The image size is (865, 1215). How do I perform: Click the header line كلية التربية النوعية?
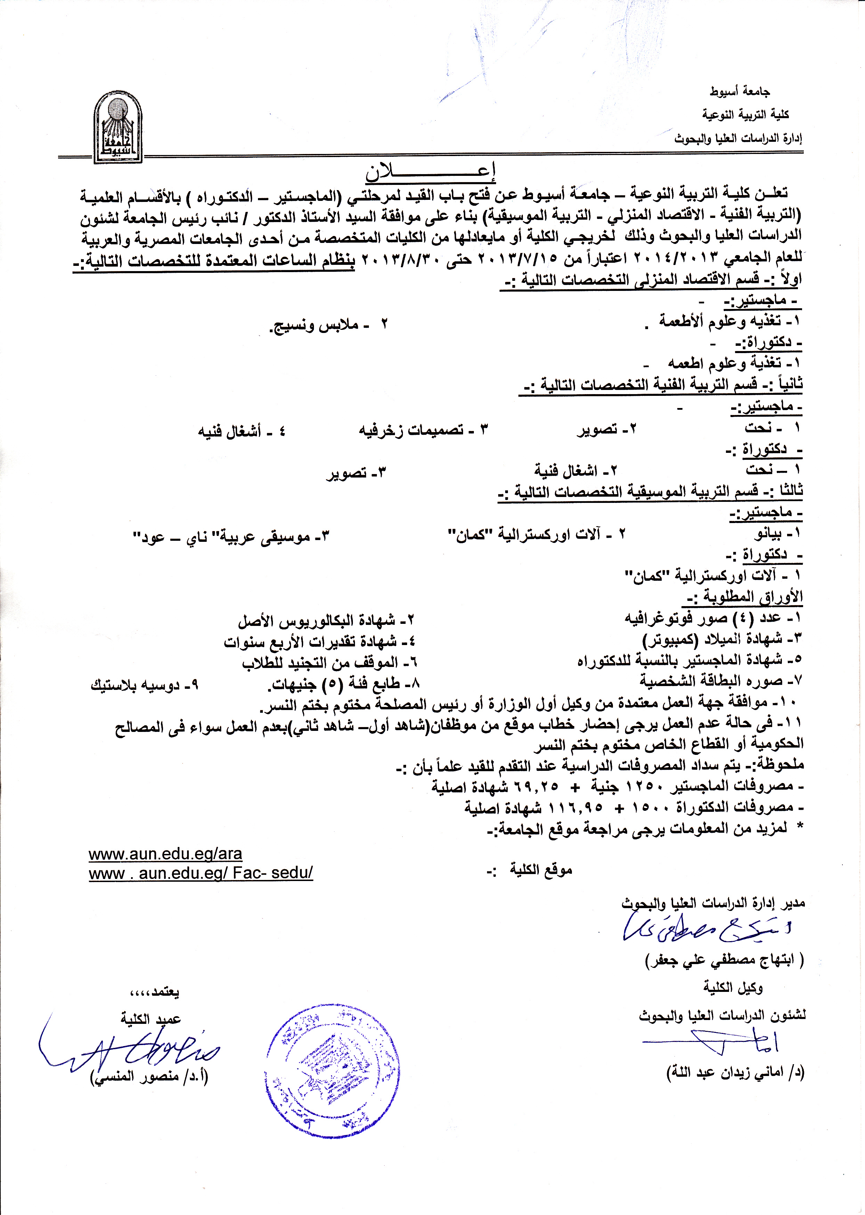[x=745, y=114]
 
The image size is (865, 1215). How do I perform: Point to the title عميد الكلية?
[x=151, y=1005]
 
